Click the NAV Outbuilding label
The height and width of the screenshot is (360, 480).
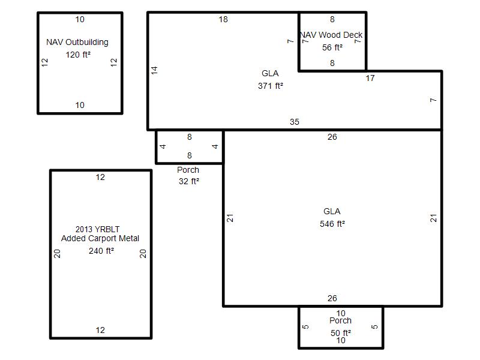77,42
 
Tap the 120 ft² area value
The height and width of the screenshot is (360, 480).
78,55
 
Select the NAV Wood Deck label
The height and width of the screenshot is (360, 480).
331,35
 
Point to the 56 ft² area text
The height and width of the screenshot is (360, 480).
332,47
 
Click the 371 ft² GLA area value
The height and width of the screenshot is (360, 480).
271,86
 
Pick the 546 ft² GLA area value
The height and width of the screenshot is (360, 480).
332,224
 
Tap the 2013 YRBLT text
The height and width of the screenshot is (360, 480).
97,229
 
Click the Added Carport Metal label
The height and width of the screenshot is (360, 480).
100,238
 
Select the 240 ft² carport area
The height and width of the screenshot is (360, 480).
101,251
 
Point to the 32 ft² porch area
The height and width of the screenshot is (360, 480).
189,181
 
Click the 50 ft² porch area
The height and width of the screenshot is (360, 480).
340,333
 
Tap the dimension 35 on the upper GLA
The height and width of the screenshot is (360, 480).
295,122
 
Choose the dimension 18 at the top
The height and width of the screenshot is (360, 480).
223,20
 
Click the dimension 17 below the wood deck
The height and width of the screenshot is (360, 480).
370,79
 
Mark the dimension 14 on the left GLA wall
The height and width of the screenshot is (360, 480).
154,70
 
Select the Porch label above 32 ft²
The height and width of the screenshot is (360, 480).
188,170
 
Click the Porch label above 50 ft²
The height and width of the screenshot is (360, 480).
340,320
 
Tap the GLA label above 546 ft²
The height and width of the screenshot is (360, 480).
332,211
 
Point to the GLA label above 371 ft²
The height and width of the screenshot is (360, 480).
270,73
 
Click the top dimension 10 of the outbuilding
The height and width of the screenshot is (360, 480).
80,20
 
